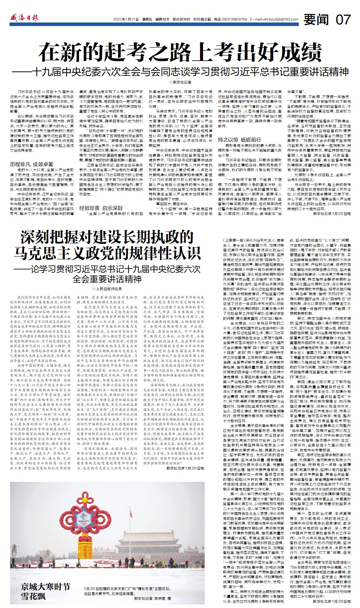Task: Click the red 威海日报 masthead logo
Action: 24,18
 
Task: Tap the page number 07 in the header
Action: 343,20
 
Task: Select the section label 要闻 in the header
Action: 316,20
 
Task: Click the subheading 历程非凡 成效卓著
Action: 32,164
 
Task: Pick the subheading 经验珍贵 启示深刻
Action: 101,208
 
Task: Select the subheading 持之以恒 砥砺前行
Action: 240,139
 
